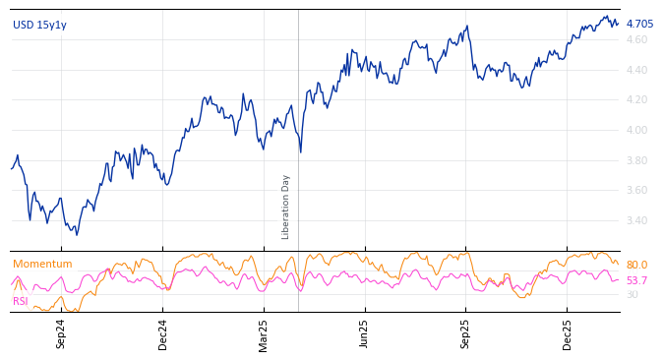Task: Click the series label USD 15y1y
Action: (39, 25)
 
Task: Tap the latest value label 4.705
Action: (639, 24)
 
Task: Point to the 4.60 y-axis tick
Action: (637, 39)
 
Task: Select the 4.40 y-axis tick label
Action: (637, 70)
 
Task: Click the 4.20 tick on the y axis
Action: (637, 99)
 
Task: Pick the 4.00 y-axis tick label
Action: (637, 130)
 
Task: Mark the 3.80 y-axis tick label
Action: (637, 160)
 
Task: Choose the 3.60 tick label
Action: (637, 190)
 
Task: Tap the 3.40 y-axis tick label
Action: (637, 220)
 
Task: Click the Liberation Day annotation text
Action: (286, 207)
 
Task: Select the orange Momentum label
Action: (42, 264)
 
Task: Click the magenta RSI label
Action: (20, 301)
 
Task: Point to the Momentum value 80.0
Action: (636, 265)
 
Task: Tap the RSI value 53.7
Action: (636, 280)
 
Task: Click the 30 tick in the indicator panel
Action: (632, 294)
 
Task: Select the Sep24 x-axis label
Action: (61, 333)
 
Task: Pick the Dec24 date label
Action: (163, 333)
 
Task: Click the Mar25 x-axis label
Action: (264, 333)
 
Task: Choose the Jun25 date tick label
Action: (364, 333)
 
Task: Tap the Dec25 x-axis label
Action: (567, 333)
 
